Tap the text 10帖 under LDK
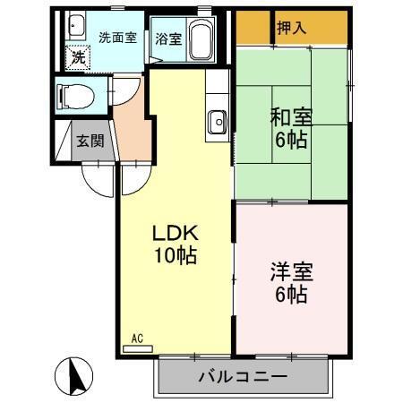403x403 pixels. point(174,254)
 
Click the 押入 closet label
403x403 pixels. point(291,28)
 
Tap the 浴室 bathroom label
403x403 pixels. point(167,39)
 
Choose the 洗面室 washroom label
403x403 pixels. point(116,38)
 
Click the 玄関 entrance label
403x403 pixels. point(90,141)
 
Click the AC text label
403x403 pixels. point(137,338)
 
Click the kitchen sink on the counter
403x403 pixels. point(218,119)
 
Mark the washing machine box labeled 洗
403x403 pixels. point(78,56)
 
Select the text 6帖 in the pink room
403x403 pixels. point(291,293)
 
